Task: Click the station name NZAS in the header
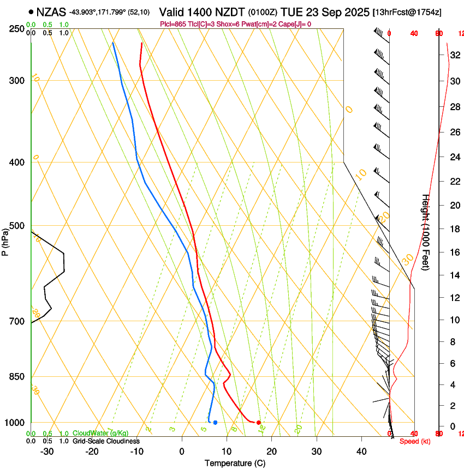[52, 11]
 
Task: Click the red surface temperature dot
[258, 423]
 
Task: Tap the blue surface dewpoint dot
[216, 423]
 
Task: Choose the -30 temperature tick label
[47, 452]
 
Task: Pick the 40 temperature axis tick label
[361, 452]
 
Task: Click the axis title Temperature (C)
[235, 463]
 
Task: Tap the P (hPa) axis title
[5, 240]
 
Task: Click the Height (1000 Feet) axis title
[426, 240]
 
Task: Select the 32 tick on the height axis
[454, 55]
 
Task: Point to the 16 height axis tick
[454, 252]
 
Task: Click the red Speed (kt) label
[415, 441]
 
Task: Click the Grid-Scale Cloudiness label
[106, 441]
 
